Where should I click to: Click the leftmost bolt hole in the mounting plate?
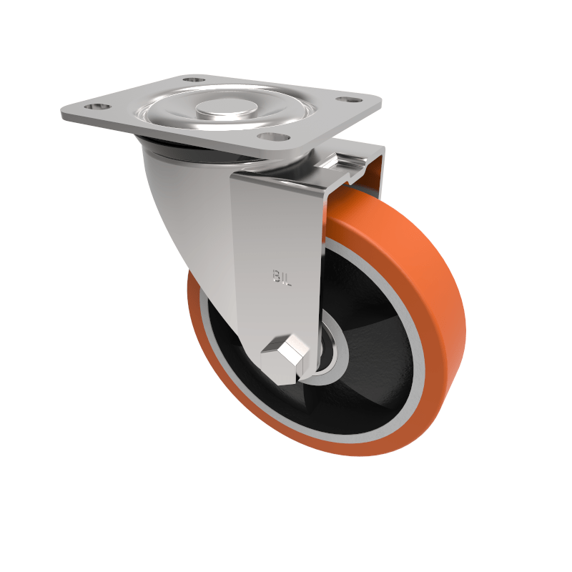[98, 107]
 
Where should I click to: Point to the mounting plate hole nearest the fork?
[272, 135]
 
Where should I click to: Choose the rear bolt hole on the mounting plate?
[192, 79]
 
